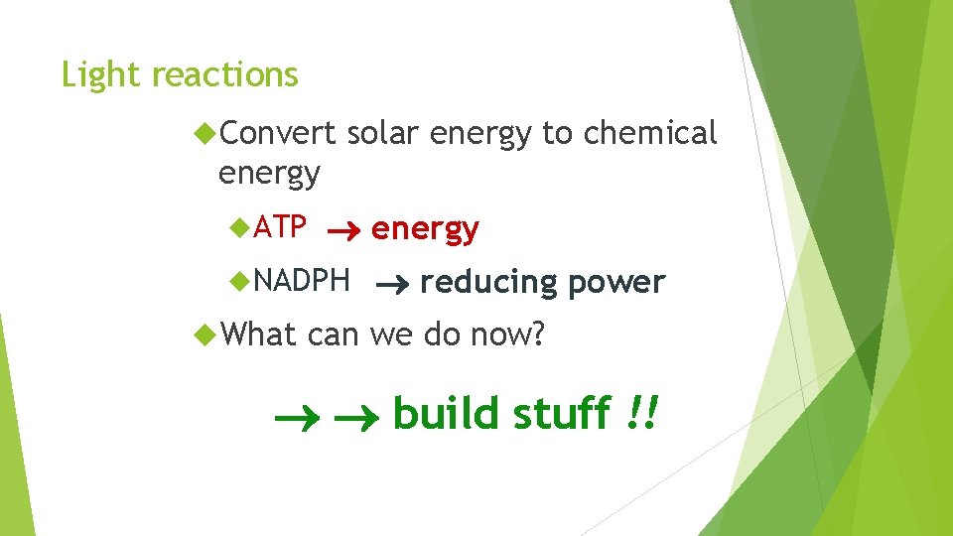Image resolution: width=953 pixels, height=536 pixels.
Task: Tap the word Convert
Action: (278, 133)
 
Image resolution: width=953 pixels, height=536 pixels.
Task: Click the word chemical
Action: (650, 133)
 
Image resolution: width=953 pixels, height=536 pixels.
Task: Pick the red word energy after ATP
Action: (425, 229)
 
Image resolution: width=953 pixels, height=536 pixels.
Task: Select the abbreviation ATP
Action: (280, 227)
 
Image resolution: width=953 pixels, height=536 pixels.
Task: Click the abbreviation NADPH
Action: (302, 281)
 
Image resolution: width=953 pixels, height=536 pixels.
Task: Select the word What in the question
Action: (259, 335)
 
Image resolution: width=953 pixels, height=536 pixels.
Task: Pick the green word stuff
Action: (561, 413)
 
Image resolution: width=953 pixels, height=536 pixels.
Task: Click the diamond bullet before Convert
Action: (204, 132)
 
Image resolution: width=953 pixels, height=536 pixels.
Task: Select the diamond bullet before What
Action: (204, 335)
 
